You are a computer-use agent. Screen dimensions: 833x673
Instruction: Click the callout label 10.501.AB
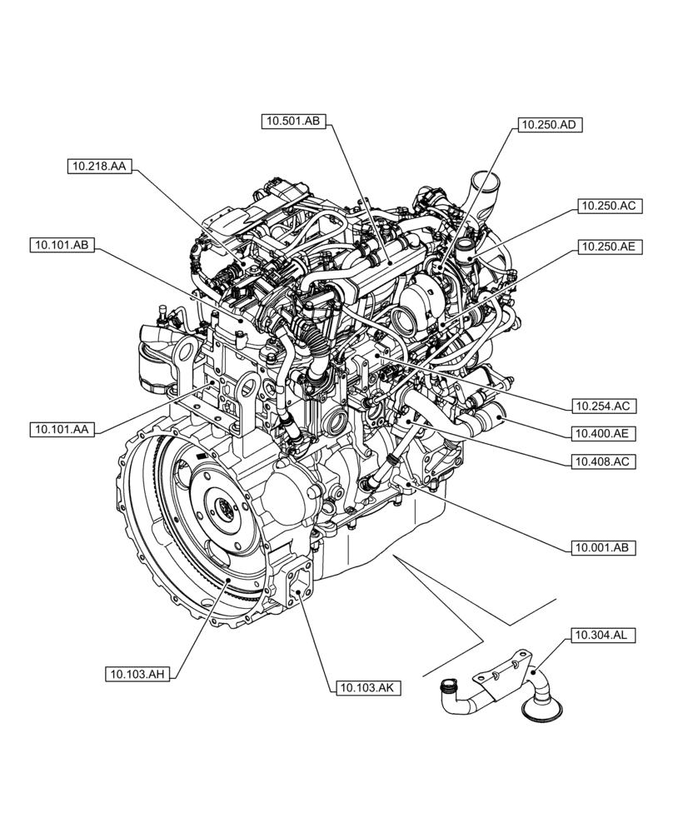(x=292, y=122)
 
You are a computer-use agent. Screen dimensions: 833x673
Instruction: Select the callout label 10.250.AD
(x=548, y=125)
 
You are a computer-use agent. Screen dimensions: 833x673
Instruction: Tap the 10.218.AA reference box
(x=98, y=167)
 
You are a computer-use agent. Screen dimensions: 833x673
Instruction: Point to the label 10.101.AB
(x=62, y=245)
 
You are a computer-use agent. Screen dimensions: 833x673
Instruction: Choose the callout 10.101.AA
(x=62, y=430)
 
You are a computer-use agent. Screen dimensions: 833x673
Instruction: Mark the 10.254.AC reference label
(x=604, y=407)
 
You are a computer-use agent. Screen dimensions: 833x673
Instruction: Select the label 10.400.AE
(x=604, y=433)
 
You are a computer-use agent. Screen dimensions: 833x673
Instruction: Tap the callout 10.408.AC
(x=604, y=460)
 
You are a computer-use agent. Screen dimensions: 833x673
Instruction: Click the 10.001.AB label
(x=604, y=547)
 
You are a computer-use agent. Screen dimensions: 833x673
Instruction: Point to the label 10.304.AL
(x=604, y=636)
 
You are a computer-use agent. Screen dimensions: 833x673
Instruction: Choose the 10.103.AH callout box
(x=137, y=674)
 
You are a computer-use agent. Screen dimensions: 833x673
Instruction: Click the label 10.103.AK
(x=367, y=687)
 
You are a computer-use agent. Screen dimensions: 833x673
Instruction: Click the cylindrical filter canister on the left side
(x=153, y=365)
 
